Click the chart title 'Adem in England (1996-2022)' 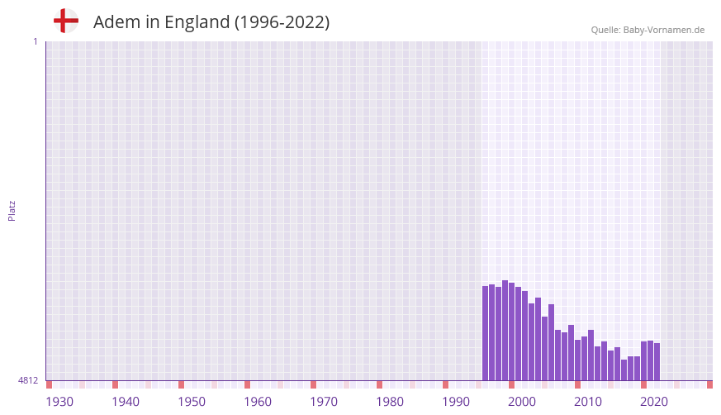[211, 22]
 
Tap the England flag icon [66, 21]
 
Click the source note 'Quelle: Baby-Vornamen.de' [647, 30]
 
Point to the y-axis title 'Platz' [12, 210]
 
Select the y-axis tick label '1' [35, 41]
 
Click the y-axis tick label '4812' [28, 380]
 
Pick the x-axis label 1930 [59, 402]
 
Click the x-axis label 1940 [126, 402]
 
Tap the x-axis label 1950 [192, 402]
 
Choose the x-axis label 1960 [258, 402]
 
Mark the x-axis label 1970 [324, 402]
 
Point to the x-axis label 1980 [390, 402]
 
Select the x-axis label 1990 [456, 402]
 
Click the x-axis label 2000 [522, 402]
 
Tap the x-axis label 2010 [588, 402]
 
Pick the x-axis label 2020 [654, 402]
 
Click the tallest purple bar [505, 331]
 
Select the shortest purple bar [624, 370]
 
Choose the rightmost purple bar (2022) [657, 362]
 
